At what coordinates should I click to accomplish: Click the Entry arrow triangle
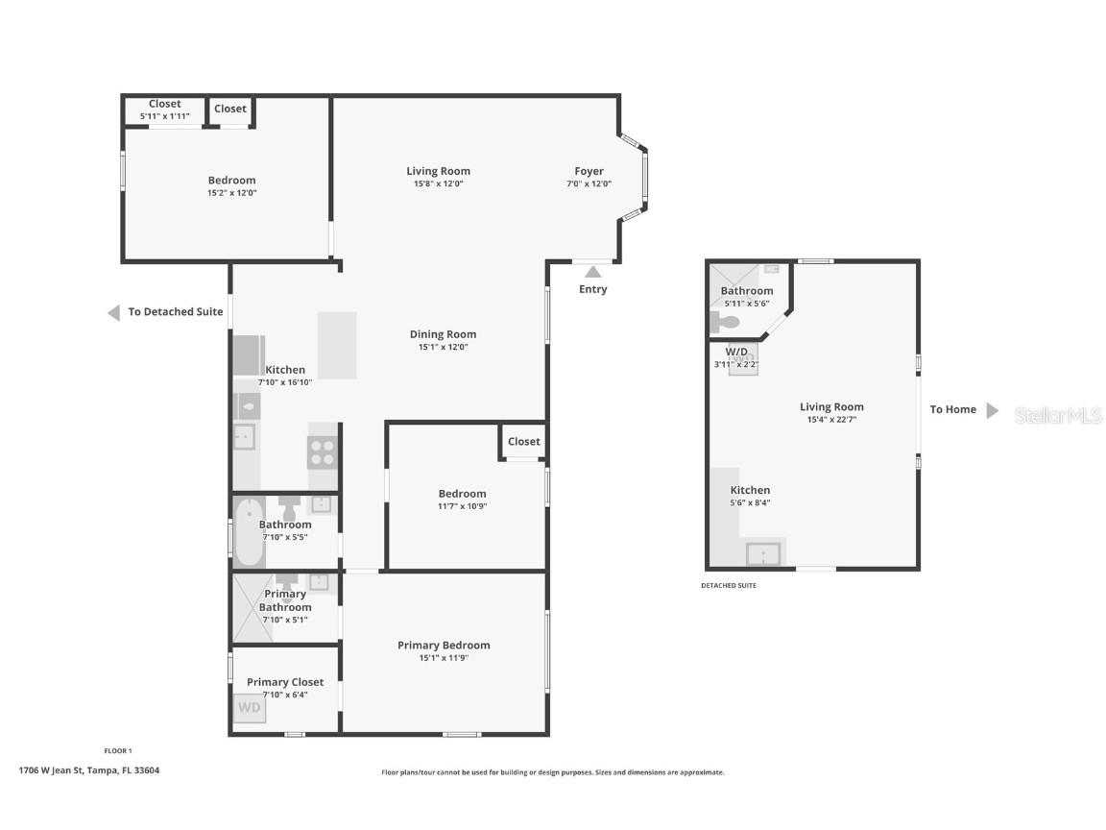coord(592,273)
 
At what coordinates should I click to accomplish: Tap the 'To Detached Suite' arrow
coord(113,312)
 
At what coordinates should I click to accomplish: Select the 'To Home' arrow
coord(993,411)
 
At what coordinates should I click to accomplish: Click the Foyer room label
coord(589,171)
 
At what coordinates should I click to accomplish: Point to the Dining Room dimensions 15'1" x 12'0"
coord(443,348)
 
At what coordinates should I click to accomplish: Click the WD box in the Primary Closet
coord(249,708)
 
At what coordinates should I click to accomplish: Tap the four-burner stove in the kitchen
coord(322,452)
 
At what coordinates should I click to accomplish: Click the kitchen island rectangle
coord(337,345)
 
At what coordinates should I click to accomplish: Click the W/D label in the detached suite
coord(736,352)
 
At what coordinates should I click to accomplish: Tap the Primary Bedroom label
coord(444,645)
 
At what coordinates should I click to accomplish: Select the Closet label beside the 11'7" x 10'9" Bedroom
coord(523,442)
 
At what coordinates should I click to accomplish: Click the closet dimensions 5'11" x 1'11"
coord(165,116)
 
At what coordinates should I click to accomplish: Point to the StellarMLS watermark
coord(1058,415)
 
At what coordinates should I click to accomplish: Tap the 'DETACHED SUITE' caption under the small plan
coord(728,585)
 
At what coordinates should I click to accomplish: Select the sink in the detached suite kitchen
coord(764,554)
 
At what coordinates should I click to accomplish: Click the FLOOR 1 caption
coord(117,750)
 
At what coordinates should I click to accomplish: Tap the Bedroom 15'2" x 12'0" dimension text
coord(231,193)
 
